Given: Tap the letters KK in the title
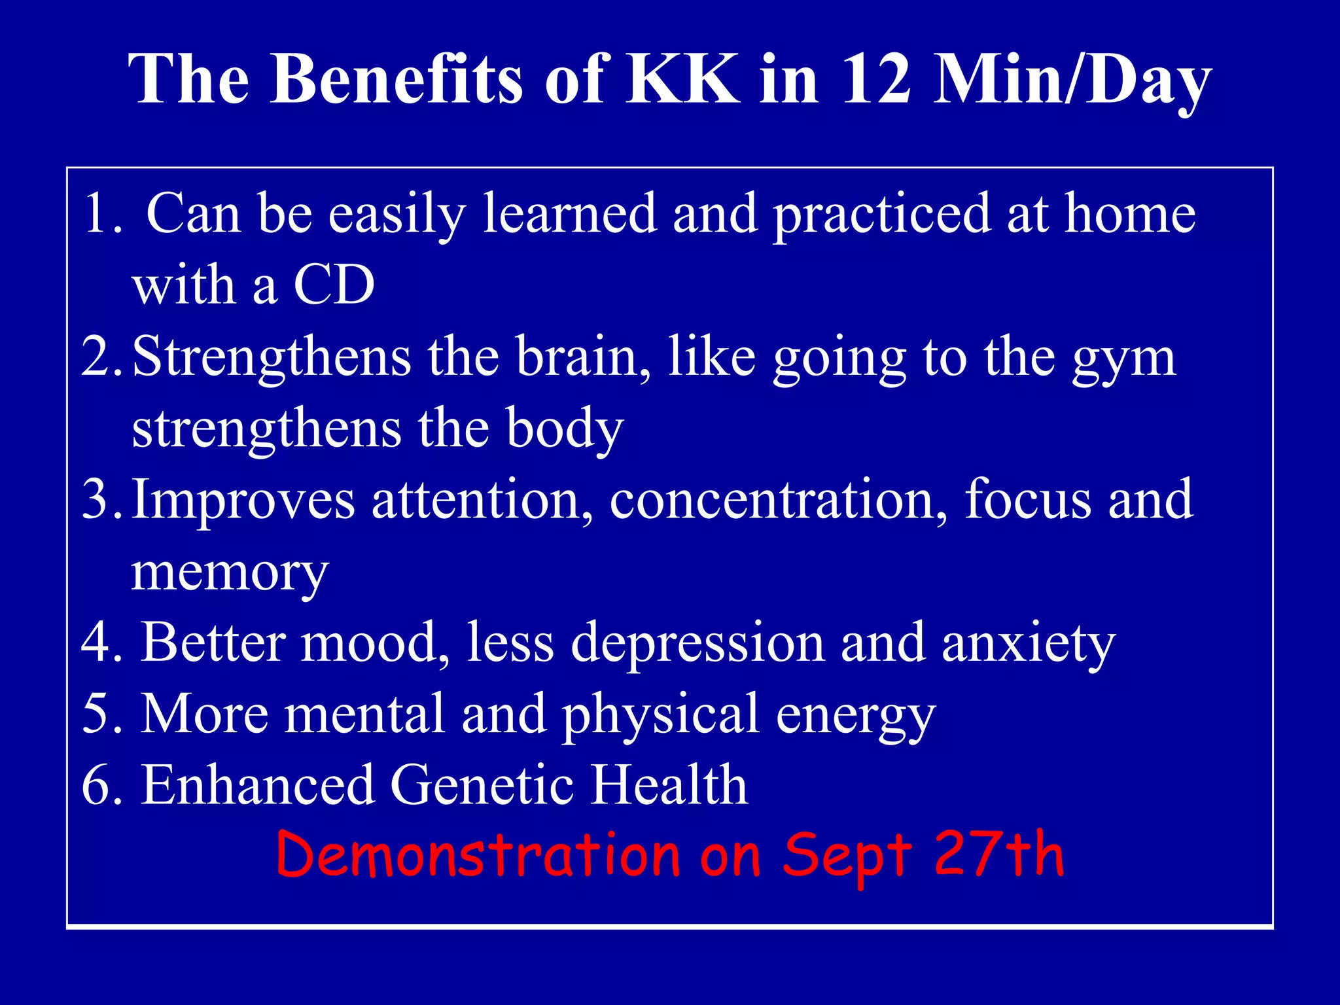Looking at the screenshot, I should pos(683,80).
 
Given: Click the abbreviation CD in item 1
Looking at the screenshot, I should pos(334,285).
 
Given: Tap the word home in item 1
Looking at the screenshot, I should pos(1130,213).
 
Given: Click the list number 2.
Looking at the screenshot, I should pos(98,357).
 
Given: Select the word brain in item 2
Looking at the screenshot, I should pos(584,357).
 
